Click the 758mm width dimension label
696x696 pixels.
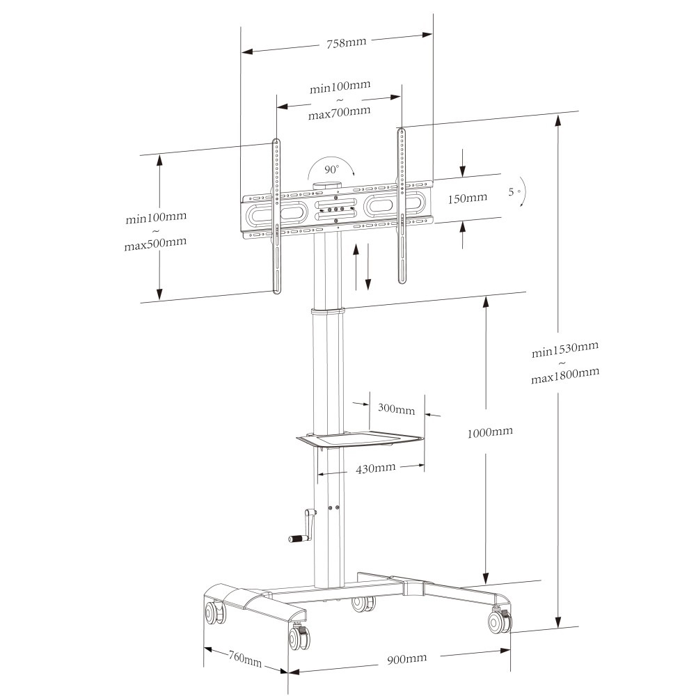tap(346, 42)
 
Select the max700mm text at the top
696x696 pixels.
tap(339, 112)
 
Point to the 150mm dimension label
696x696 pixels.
tap(467, 198)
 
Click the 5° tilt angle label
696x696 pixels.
tap(514, 191)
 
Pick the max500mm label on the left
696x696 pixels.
tap(155, 243)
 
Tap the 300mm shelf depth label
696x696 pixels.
tap(396, 409)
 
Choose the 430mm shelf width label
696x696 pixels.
tap(375, 468)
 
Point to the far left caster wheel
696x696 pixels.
tap(212, 614)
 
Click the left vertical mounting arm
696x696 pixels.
tap(276, 216)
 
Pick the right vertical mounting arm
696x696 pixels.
tap(401, 205)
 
